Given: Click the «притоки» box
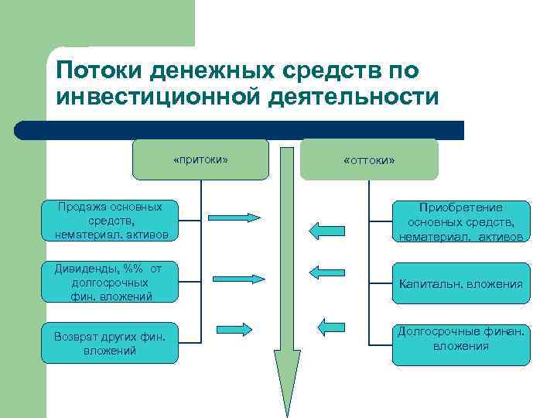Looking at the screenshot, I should coord(200,159).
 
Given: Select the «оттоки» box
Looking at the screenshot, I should coord(369,159).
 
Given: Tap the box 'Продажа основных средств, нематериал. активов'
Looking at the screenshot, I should coord(110,221).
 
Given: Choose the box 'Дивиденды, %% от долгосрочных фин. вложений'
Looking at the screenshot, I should coord(110,282).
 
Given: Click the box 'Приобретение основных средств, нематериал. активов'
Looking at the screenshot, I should coord(461,221).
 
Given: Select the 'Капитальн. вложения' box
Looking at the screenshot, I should coord(461,283).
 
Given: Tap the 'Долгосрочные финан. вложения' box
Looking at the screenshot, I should coord(461,344).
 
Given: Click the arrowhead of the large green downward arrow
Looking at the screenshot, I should coord(287,379).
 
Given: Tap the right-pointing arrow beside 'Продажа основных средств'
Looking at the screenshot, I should coord(236,218).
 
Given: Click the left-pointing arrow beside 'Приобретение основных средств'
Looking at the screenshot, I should coord(326,229).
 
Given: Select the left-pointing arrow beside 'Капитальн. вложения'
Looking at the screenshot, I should coord(326,272).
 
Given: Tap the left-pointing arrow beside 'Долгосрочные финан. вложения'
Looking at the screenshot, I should coord(332,326).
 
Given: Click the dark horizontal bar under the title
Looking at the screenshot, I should coord(240,130).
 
